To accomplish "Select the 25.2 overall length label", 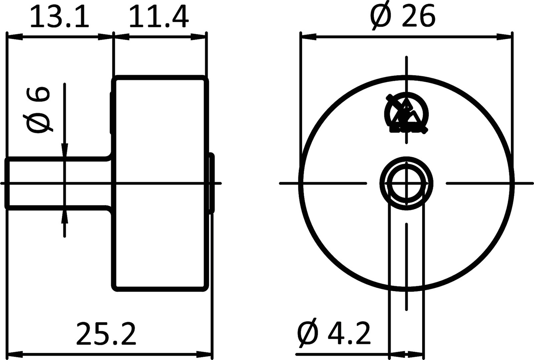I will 106,334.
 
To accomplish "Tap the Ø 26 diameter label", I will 403,17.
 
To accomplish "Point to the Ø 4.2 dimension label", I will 334,334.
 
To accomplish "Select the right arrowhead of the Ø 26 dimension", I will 504,36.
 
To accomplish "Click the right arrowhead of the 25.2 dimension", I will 204,354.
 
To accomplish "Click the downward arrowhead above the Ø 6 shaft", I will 65,150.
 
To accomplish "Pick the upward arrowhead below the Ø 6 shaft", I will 65,217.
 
